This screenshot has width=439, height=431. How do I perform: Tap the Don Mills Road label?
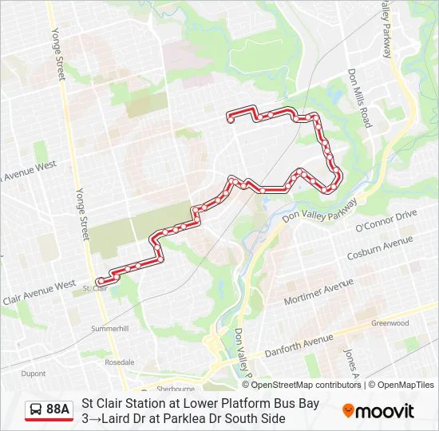click(x=359, y=97)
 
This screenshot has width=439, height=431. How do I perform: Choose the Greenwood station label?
click(x=390, y=323)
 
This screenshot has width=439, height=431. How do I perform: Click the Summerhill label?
click(x=109, y=328)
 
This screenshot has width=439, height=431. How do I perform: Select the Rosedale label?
click(x=119, y=362)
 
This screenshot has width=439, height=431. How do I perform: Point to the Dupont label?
click(x=34, y=373)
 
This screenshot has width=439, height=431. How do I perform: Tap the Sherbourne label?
click(x=176, y=389)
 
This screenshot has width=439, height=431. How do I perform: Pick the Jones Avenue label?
click(x=349, y=362)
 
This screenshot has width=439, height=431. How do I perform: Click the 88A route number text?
click(x=57, y=409)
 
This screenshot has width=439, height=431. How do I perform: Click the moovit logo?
click(x=378, y=410)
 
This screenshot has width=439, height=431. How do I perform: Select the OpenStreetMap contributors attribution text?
click(x=307, y=385)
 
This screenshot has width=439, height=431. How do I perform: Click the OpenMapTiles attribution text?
click(x=405, y=385)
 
